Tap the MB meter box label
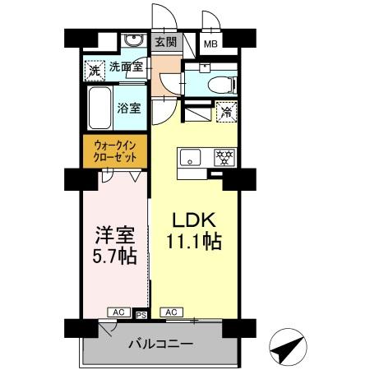click(210, 44)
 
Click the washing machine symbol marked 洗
click(94, 70)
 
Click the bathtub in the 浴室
click(99, 109)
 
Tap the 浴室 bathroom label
click(128, 108)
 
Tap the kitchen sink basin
click(186, 156)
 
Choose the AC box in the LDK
click(172, 312)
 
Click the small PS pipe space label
click(141, 313)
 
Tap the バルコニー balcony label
click(160, 343)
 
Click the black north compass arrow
click(288, 349)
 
